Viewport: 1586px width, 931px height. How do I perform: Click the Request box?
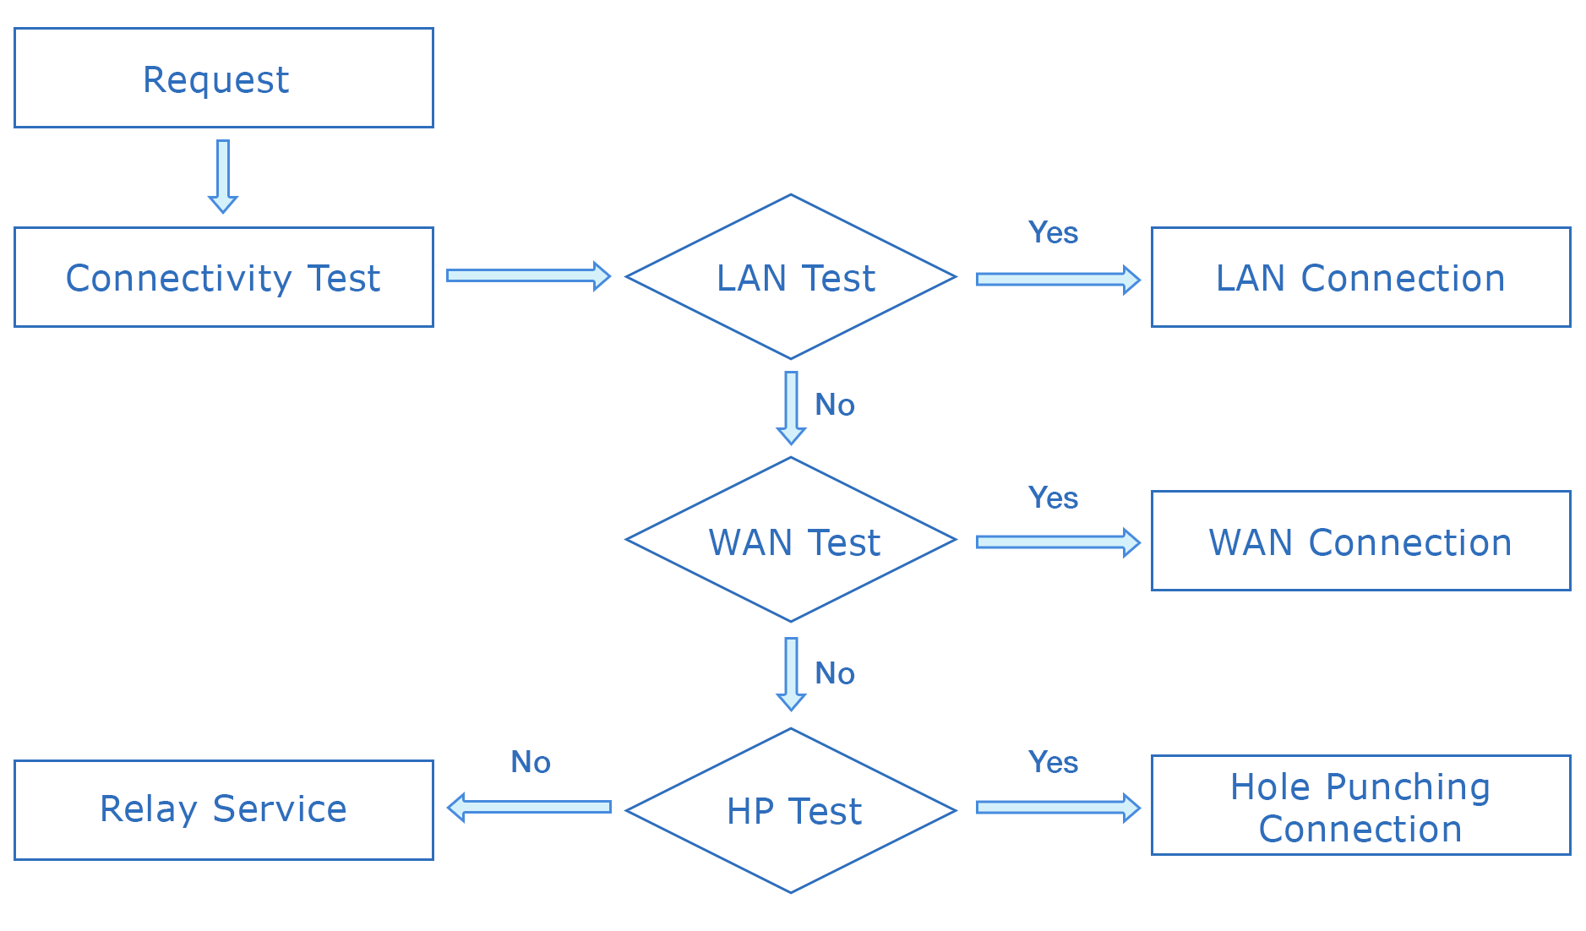pyautogui.click(x=223, y=78)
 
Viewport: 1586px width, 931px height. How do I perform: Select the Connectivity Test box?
pyautogui.click(x=223, y=277)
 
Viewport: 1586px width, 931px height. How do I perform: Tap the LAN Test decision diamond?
pyautogui.click(x=791, y=277)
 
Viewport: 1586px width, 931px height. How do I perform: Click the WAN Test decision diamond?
pyautogui.click(x=791, y=541)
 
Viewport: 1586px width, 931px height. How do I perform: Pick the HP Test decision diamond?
pyautogui.click(x=791, y=810)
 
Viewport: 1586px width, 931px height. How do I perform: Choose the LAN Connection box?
pyautogui.click(x=1360, y=277)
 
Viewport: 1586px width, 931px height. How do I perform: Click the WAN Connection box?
pyautogui.click(x=1360, y=541)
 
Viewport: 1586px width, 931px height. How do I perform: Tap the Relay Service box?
pyautogui.click(x=223, y=809)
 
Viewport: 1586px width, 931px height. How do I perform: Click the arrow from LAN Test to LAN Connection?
pyautogui.click(x=1057, y=279)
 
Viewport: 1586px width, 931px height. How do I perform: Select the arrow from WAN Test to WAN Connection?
pyautogui.click(x=1057, y=542)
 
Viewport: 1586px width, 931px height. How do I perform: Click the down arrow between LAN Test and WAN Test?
pyautogui.click(x=791, y=407)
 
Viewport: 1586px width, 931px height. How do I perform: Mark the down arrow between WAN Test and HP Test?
pyautogui.click(x=791, y=673)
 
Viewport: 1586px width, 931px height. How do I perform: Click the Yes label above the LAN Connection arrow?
pyautogui.click(x=1053, y=232)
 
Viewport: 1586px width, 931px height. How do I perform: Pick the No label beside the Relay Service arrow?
pyautogui.click(x=531, y=762)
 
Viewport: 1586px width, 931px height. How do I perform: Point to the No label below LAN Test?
pyautogui.click(x=835, y=405)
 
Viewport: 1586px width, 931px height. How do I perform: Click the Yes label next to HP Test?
pyautogui.click(x=1053, y=762)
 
